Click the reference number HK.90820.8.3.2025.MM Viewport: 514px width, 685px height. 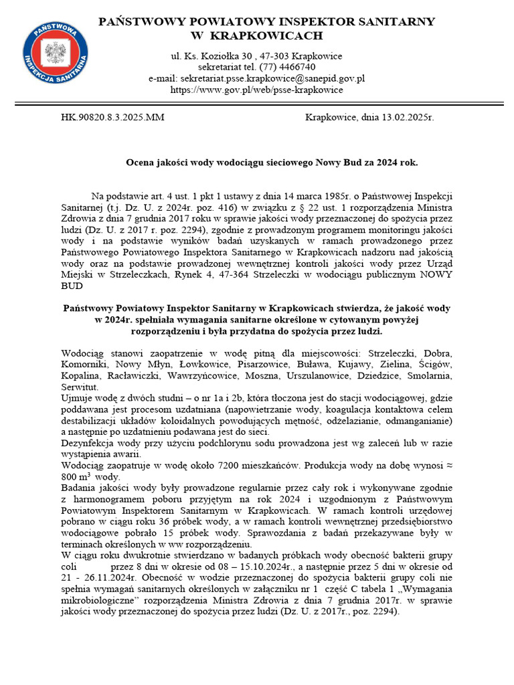[112, 118]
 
